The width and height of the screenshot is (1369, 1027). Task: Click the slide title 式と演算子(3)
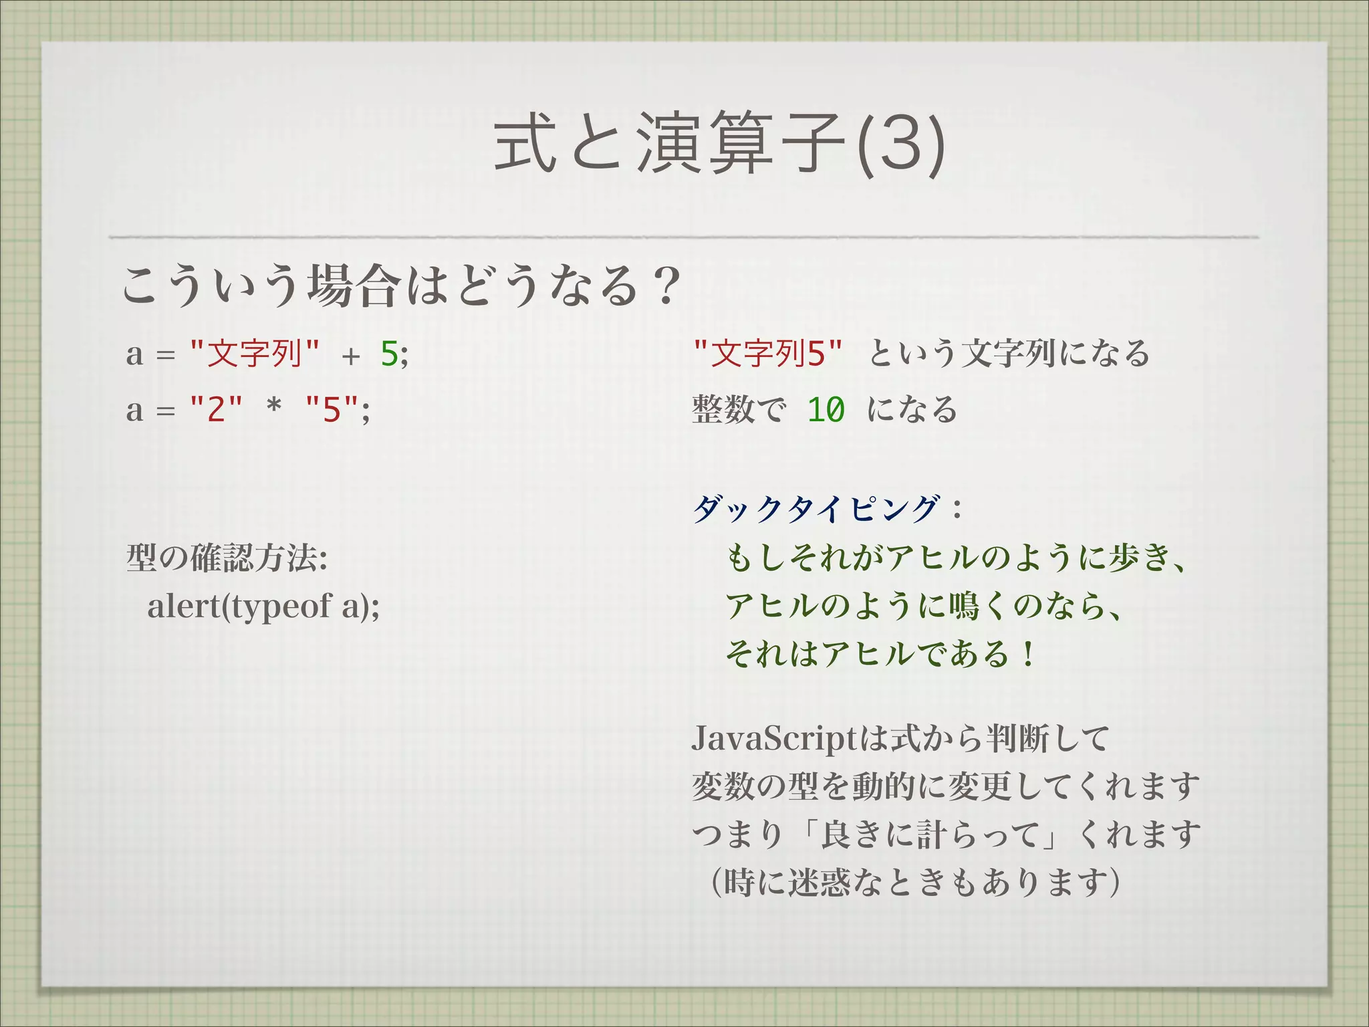point(719,144)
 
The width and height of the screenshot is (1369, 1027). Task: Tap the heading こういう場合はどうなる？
point(401,286)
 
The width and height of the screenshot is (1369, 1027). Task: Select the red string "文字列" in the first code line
point(255,353)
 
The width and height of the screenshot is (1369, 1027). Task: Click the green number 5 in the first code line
point(389,354)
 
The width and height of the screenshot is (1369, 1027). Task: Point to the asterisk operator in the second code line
point(273,408)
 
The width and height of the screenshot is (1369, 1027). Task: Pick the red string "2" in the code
point(216,409)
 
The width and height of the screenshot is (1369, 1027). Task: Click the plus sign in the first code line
point(350,355)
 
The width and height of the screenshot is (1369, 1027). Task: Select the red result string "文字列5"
point(767,353)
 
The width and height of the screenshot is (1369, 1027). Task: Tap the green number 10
point(826,410)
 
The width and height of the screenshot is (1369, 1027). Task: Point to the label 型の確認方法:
point(227,558)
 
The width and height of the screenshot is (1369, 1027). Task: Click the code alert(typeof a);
point(263,606)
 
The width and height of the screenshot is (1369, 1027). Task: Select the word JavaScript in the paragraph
point(773,739)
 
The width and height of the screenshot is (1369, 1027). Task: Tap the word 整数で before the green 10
point(739,410)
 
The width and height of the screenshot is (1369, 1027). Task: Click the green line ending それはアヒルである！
point(881,653)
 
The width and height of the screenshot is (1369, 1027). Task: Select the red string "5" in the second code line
point(332,409)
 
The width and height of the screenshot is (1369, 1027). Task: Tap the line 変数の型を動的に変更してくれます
point(945,786)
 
